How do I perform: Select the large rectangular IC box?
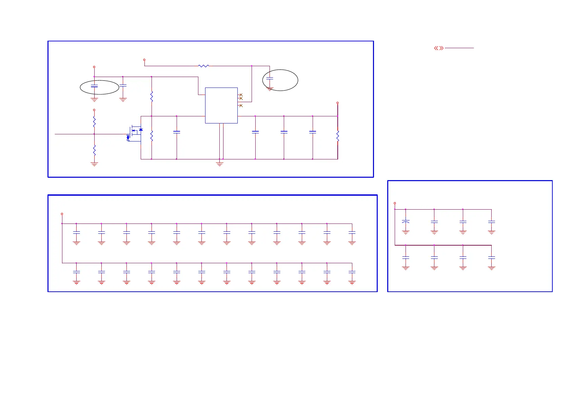click(221, 105)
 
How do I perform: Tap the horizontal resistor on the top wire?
click(203, 66)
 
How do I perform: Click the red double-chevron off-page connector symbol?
click(439, 48)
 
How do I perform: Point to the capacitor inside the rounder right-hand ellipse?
click(270, 78)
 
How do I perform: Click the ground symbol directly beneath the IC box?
click(220, 164)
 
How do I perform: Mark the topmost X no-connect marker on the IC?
click(241, 95)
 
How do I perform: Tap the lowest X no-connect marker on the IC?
click(241, 105)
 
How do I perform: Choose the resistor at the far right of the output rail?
click(338, 136)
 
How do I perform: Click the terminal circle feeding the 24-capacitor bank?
click(62, 214)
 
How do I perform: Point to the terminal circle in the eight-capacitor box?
click(395, 203)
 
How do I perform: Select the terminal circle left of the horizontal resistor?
click(144, 60)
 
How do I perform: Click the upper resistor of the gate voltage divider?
click(94, 122)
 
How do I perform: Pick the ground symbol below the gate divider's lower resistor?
click(94, 164)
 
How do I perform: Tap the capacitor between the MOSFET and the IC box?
click(177, 132)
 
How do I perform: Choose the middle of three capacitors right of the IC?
click(284, 132)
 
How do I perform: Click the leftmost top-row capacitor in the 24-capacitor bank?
click(76, 233)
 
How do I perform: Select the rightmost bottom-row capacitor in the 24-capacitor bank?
click(352, 272)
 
